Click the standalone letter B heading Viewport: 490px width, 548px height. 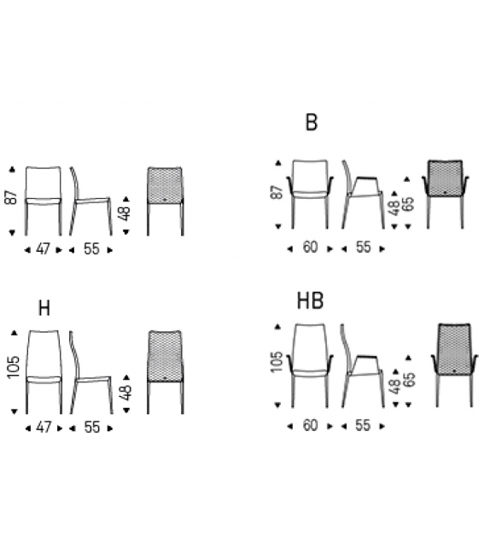[x=311, y=122]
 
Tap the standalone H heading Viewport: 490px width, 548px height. [x=44, y=308]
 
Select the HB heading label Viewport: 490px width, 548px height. [x=310, y=301]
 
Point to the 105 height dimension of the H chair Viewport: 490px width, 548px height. [x=14, y=367]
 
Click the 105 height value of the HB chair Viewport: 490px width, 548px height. [x=276, y=362]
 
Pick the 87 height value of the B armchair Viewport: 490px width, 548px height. [x=277, y=192]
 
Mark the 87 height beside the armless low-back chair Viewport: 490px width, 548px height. [x=11, y=197]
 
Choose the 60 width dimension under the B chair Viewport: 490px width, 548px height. [x=310, y=247]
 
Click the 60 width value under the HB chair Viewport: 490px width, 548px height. [x=311, y=425]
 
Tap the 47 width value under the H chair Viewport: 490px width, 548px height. [x=44, y=428]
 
